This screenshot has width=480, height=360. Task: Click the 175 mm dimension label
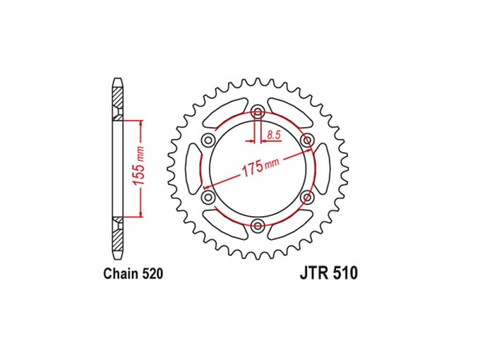pos(258,167)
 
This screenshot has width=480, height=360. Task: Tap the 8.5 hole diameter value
pos(274,134)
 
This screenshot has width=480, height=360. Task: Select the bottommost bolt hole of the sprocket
pos(258,227)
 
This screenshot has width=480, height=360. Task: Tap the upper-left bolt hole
pos(208,141)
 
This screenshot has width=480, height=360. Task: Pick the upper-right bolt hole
pos(307,141)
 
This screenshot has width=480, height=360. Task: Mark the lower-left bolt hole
pos(208,198)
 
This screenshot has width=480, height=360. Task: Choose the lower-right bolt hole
pos(307,198)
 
